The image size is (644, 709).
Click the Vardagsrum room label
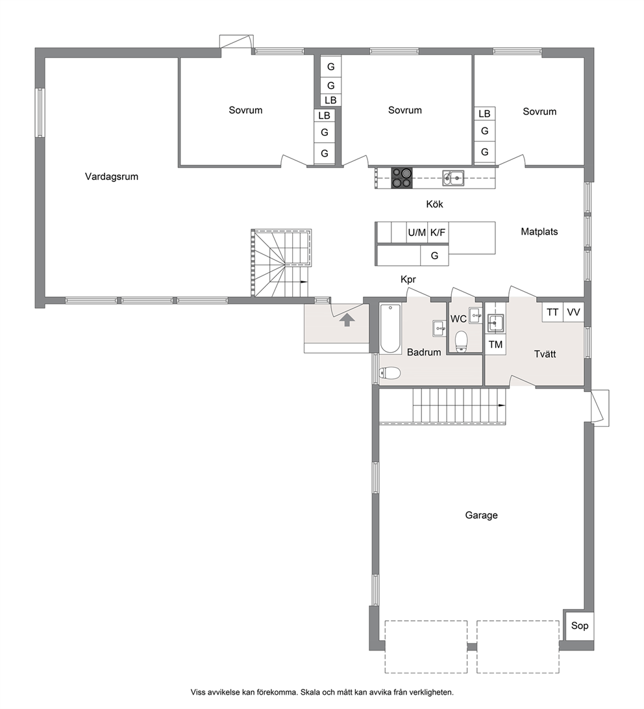[x=112, y=176]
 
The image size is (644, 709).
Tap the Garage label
[x=482, y=515]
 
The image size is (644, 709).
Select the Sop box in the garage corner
[x=580, y=625]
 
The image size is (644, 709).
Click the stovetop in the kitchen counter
[x=401, y=177]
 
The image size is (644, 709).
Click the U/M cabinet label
[x=417, y=233]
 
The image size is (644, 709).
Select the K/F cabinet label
[x=438, y=233]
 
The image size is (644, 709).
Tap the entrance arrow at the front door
[x=347, y=320]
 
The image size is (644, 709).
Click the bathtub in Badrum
[x=391, y=329]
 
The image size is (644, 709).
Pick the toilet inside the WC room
[x=461, y=341]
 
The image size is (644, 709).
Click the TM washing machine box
[x=495, y=344]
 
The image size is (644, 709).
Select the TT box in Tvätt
[x=552, y=312]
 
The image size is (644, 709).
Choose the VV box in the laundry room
[x=573, y=312]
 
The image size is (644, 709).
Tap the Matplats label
[x=539, y=231]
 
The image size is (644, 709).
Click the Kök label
[x=434, y=204]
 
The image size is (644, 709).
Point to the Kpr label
[x=408, y=279]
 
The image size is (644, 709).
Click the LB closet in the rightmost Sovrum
[x=484, y=114]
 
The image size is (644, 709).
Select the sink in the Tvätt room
[x=495, y=322]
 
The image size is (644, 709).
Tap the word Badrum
[x=424, y=352]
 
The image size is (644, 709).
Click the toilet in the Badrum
[x=390, y=373]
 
